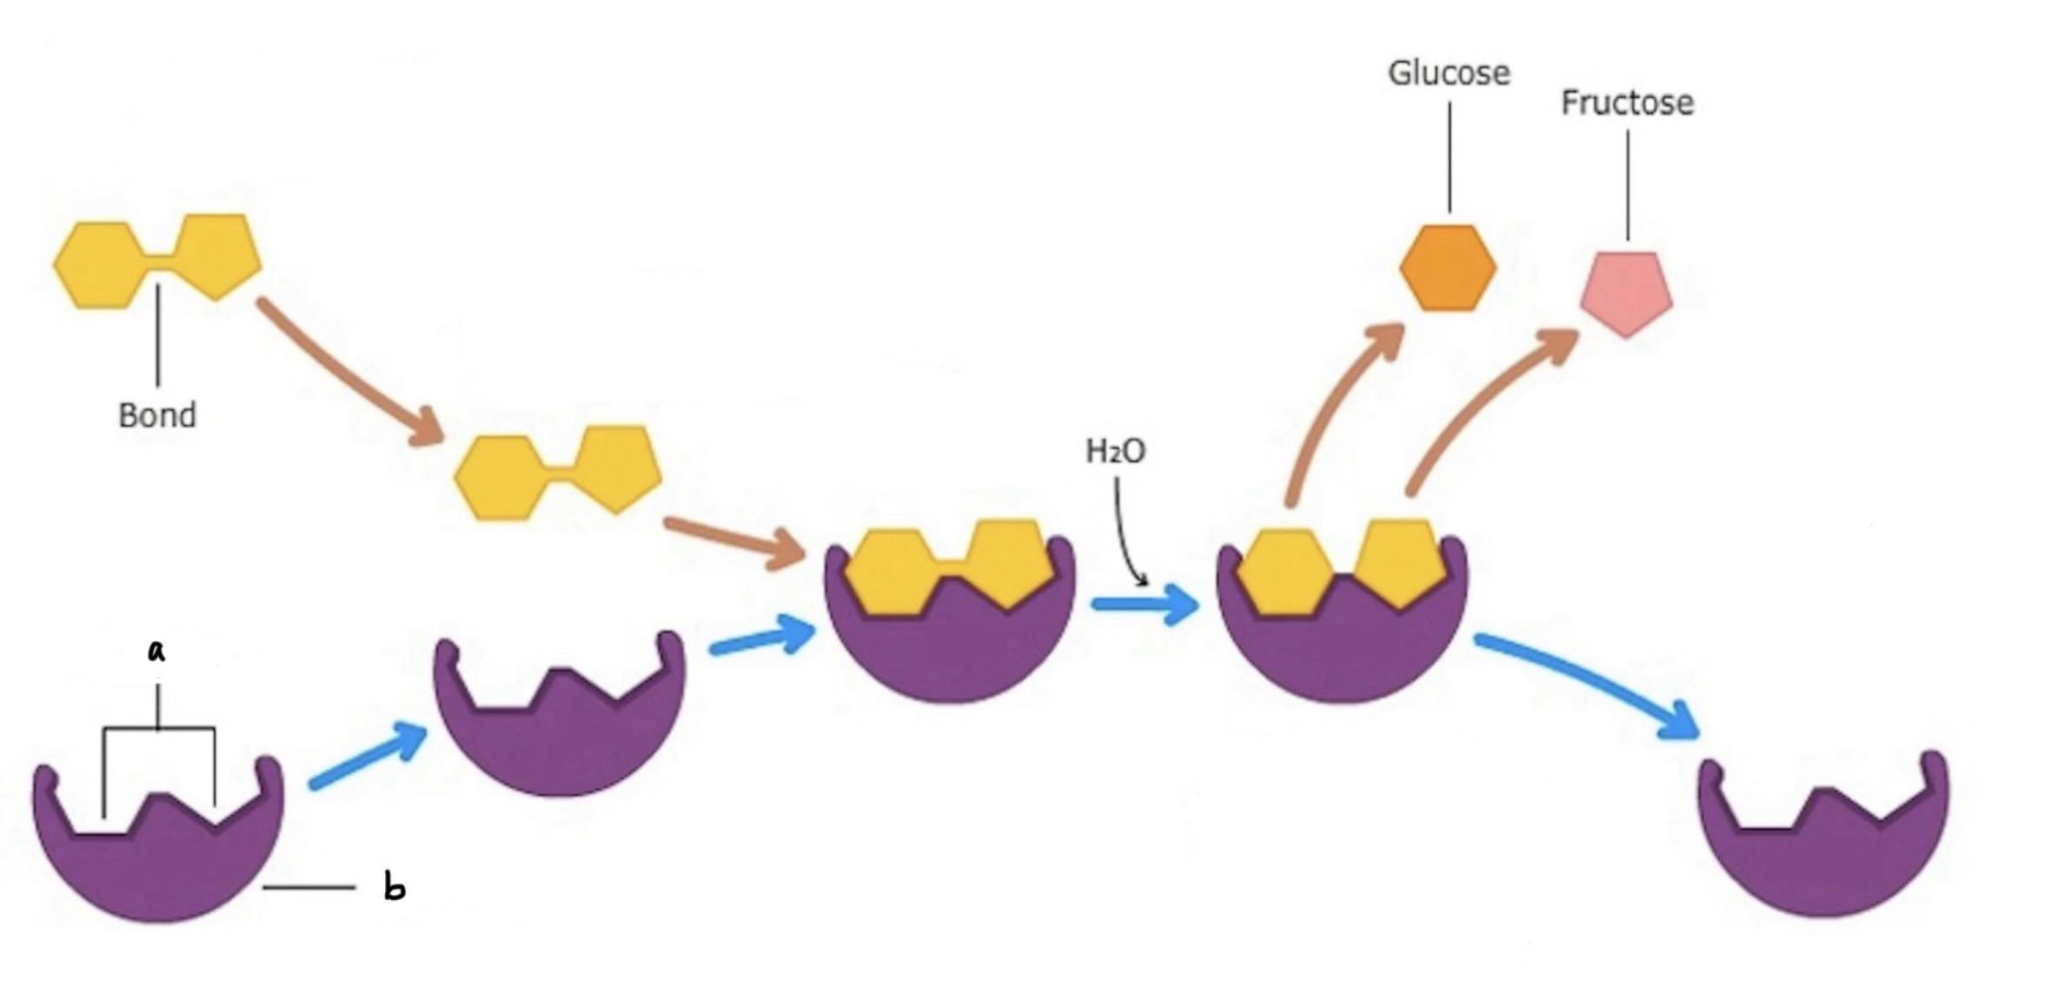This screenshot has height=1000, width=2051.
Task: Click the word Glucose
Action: (x=1448, y=73)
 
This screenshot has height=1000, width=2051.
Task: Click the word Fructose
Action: (x=1627, y=103)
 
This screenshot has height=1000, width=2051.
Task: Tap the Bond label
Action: (x=157, y=415)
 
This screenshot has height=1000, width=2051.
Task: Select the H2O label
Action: (x=1116, y=452)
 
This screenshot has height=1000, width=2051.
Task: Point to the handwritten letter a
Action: (x=156, y=650)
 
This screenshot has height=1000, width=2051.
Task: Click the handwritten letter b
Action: (x=395, y=888)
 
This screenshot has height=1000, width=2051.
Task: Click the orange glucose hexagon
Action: (x=1448, y=268)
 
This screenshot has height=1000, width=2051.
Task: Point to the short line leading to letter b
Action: (x=309, y=887)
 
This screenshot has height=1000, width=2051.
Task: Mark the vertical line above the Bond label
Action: (x=158, y=334)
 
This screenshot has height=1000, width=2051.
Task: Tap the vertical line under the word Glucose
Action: (x=1449, y=156)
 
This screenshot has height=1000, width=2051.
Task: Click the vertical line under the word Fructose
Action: (x=1628, y=184)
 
